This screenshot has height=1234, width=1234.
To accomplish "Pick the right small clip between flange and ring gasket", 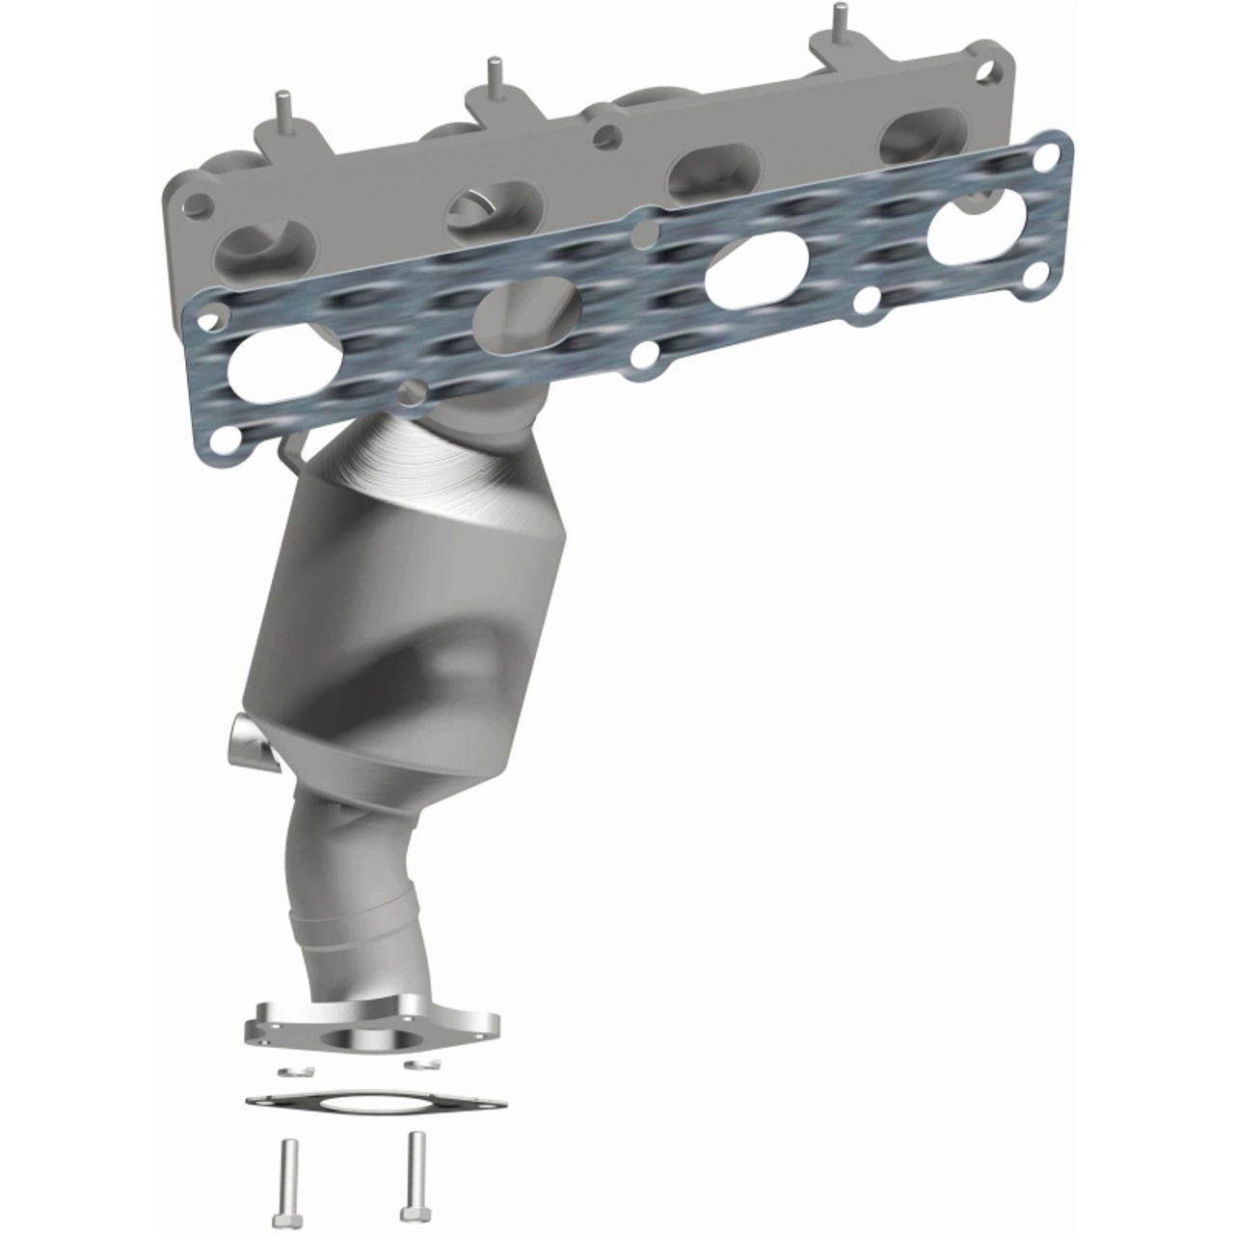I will pos(421,1063).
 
